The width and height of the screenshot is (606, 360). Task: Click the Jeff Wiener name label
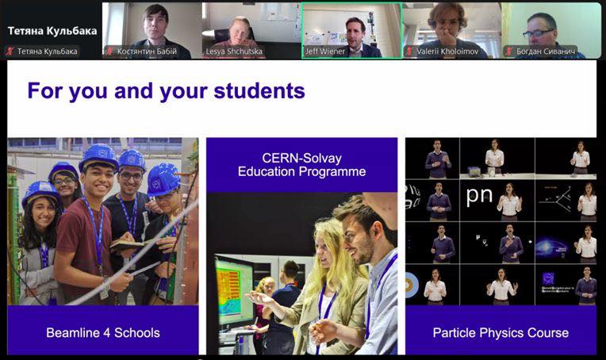[325, 51]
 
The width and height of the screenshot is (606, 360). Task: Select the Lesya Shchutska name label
[234, 51]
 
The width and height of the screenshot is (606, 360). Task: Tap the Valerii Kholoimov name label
[447, 51]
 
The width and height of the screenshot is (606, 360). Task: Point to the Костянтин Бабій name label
[147, 51]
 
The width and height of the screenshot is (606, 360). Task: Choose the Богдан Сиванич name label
[546, 51]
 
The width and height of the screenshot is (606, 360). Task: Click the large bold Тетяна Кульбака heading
[52, 31]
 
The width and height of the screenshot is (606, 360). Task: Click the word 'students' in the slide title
[259, 91]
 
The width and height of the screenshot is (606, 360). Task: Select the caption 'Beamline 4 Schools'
[103, 332]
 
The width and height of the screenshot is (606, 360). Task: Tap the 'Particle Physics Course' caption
[501, 332]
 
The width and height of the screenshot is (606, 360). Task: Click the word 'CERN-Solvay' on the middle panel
[302, 158]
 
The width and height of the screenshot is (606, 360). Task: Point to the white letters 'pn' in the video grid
[479, 195]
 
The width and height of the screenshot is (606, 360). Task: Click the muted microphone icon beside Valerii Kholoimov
[409, 51]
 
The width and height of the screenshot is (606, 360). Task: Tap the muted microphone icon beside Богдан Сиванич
[510, 51]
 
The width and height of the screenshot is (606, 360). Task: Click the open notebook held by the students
[129, 244]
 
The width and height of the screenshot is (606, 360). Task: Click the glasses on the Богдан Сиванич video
[539, 33]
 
